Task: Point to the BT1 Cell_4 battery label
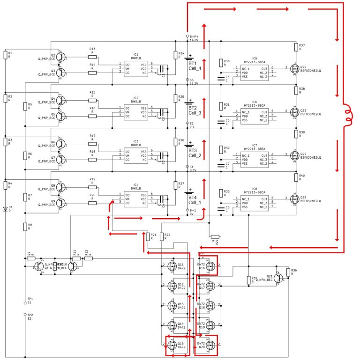(195, 66)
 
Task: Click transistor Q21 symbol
(280, 277)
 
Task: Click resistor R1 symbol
(5, 56)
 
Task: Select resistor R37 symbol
(296, 47)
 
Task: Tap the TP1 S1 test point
(25, 303)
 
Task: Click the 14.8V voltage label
(194, 41)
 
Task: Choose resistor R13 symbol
(92, 55)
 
